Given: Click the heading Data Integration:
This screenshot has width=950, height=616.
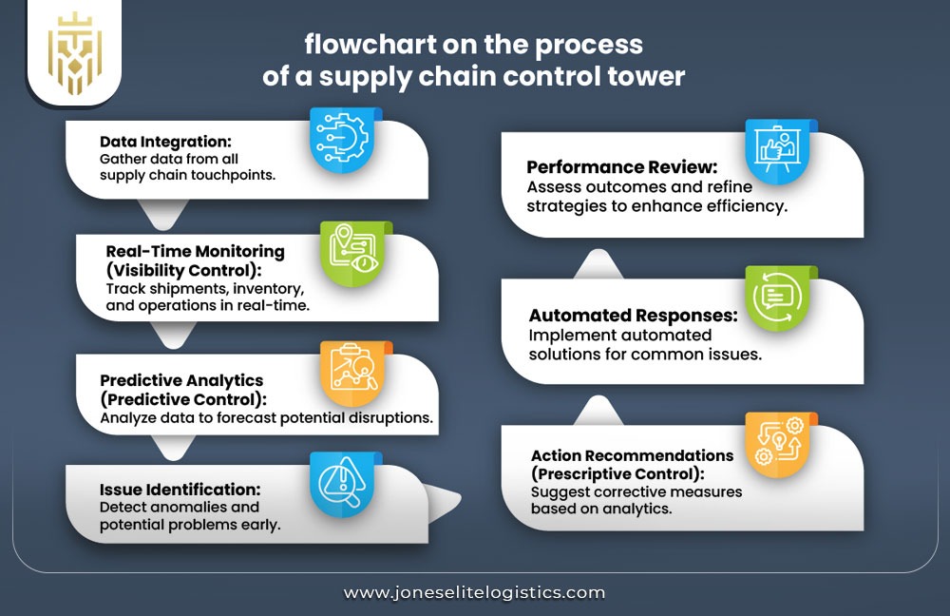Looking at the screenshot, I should coord(165,142).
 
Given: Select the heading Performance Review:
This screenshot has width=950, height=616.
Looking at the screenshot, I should coord(623,167).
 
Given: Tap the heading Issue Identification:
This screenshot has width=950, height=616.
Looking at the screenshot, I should coord(180,490).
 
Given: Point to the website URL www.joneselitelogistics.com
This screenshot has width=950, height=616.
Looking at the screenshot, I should coord(474,592).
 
